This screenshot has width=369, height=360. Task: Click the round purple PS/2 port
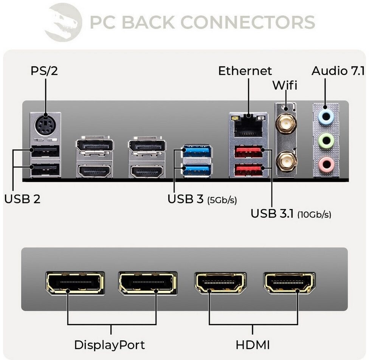(x=45, y=125)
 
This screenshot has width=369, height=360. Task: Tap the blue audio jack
(x=326, y=117)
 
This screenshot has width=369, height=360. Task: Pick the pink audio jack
(x=326, y=164)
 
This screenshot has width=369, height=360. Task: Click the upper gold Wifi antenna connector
(x=285, y=123)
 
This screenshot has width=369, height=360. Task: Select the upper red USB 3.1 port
(x=248, y=152)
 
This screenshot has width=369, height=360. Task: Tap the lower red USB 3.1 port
(x=248, y=169)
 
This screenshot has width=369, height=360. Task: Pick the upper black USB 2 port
(x=45, y=152)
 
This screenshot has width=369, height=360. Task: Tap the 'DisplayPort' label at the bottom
(x=109, y=345)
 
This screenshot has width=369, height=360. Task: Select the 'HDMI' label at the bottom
(x=253, y=345)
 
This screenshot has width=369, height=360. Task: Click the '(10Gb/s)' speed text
(x=314, y=215)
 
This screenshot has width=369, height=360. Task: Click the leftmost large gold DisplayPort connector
(x=75, y=283)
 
